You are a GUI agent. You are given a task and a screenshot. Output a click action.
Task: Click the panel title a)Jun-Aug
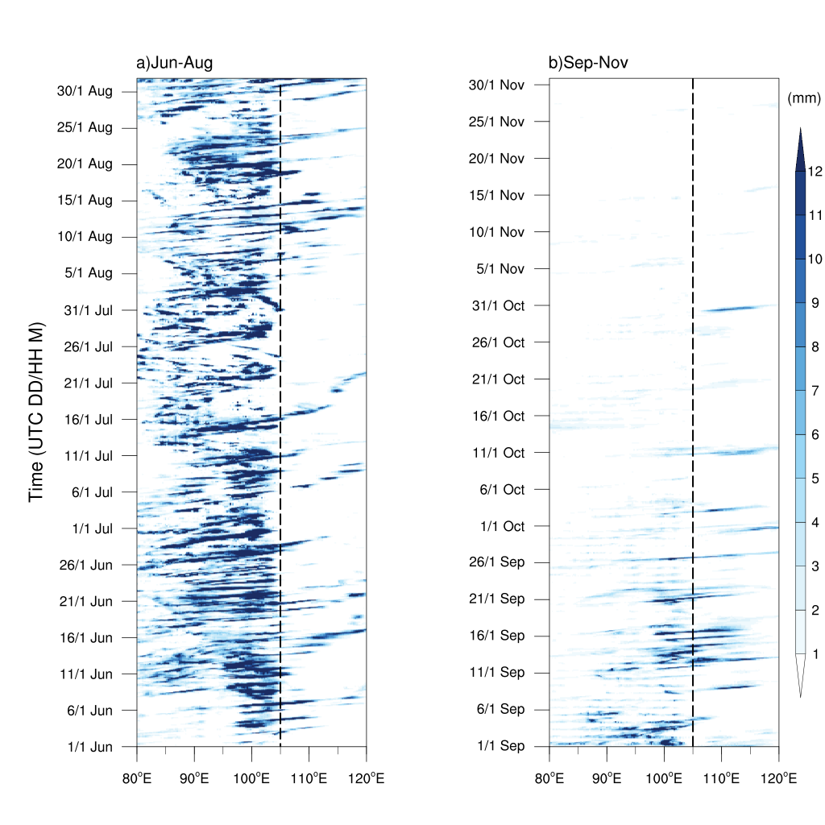coord(174,64)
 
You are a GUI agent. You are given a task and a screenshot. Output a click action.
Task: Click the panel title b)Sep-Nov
coord(587,64)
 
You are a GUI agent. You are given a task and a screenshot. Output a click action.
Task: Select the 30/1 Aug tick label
coord(85,91)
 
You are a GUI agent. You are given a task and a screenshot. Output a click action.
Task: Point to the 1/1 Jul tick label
coord(92,529)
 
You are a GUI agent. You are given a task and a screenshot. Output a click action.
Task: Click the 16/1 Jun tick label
coord(88,638)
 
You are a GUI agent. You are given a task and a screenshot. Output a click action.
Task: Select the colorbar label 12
coord(815,172)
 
